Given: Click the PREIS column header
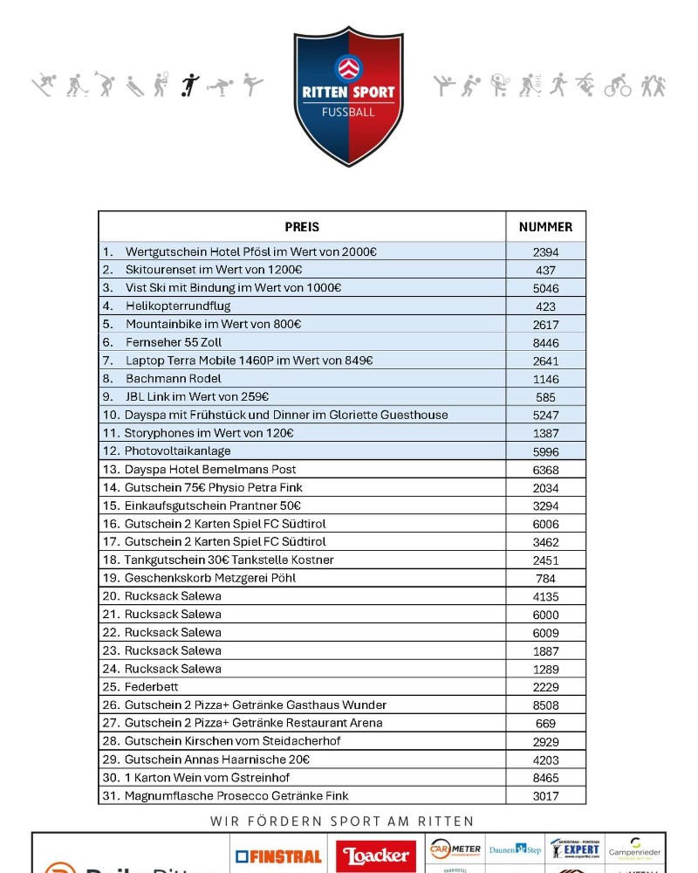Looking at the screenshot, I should tap(303, 227).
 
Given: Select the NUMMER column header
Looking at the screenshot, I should tap(545, 227).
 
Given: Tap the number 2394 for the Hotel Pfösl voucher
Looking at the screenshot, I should tap(545, 251).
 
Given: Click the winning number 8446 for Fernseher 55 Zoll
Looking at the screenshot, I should tap(545, 342).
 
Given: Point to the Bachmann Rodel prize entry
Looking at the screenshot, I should tap(173, 378).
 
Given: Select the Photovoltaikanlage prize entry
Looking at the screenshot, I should tap(177, 450).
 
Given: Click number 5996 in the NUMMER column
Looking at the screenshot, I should tap(545, 451).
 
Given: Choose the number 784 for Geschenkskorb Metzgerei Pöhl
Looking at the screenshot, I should tap(545, 578).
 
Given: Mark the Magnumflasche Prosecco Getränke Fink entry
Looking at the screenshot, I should tap(236, 795).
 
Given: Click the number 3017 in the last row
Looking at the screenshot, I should tap(545, 795).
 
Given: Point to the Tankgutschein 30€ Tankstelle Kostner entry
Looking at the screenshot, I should tap(229, 560).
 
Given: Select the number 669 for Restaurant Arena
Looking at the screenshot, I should tap(545, 723).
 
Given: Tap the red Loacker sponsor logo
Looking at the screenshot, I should tap(377, 856).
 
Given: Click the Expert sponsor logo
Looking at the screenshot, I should tap(575, 849).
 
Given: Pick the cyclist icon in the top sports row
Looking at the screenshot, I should tap(618, 86).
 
